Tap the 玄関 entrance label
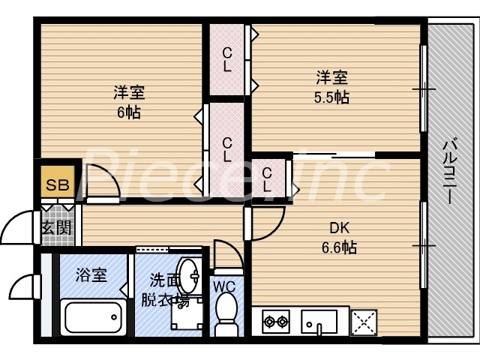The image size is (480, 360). [x=55, y=226]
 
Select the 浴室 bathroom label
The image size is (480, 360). [x=91, y=274]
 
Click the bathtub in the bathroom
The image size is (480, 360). [x=94, y=316]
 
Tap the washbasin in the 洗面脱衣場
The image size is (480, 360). [x=188, y=278]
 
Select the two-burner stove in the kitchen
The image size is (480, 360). [x=275, y=322]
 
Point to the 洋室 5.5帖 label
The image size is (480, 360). [x=331, y=86]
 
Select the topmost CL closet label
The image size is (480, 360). [x=226, y=60]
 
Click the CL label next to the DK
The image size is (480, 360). [x=267, y=180]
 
